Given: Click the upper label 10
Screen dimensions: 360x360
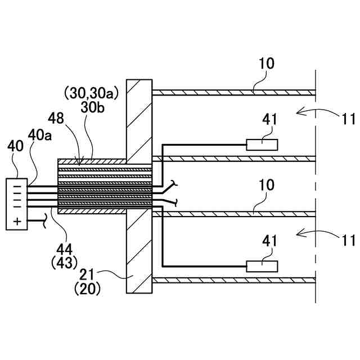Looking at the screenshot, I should click(267, 63).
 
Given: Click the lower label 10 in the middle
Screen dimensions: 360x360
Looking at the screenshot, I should click(267, 185).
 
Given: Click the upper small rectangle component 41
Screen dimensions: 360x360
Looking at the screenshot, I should click(262, 145).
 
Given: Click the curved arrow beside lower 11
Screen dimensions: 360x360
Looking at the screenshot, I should click(307, 232).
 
